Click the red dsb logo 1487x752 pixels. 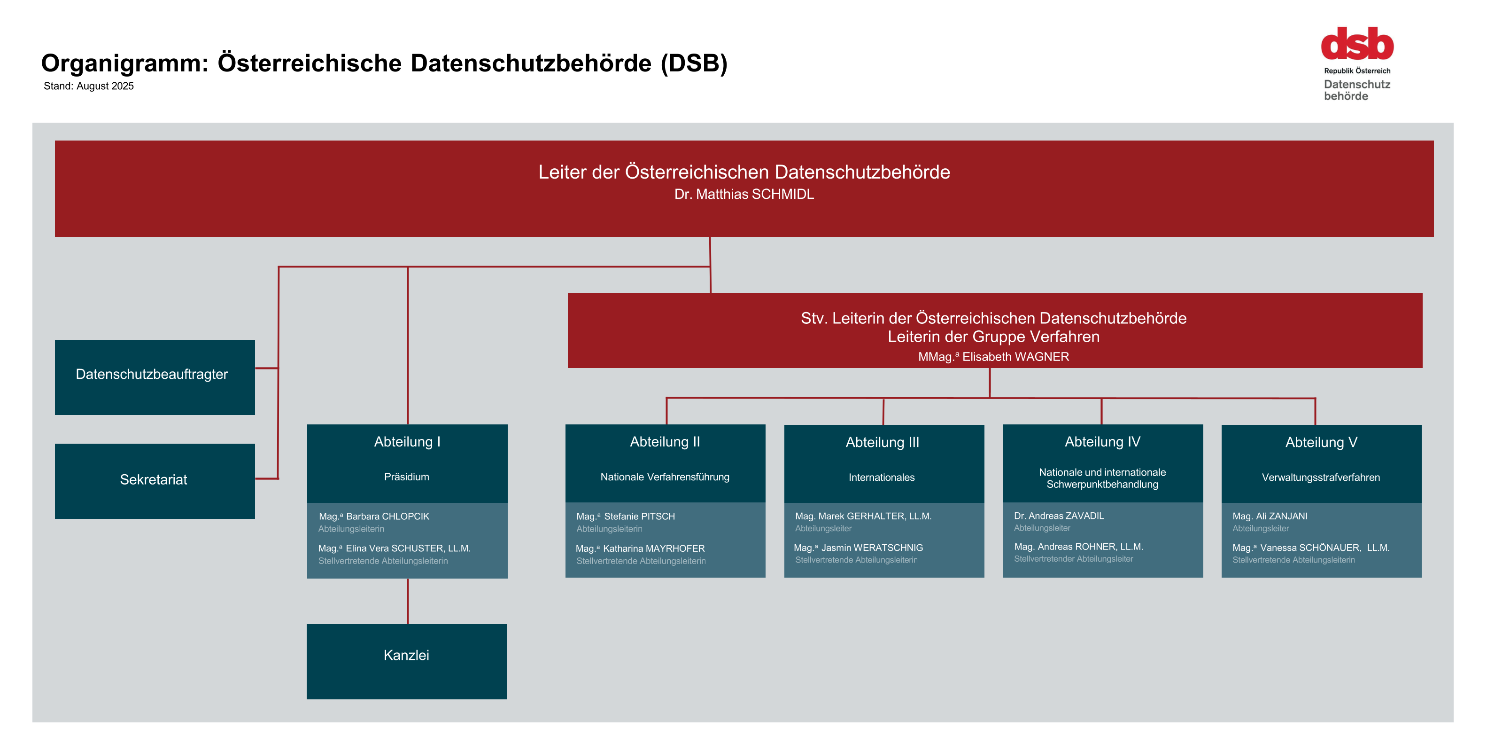pos(1357,43)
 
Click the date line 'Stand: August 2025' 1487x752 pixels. pos(89,86)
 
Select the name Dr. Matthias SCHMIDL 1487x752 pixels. pos(744,194)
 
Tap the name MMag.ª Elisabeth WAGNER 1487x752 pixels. pos(993,356)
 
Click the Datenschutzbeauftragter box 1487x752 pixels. pos(155,377)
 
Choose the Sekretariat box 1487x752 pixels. pos(155,481)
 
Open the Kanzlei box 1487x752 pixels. pos(407,661)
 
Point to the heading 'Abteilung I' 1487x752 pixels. pos(407,442)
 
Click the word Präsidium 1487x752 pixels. pos(407,477)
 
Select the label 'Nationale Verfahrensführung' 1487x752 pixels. pos(665,477)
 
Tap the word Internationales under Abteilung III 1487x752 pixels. pos(882,478)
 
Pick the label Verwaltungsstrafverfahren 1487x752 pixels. pos(1321,478)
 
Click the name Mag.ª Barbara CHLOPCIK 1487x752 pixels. pos(374,517)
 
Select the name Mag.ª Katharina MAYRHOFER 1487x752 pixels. pos(640,548)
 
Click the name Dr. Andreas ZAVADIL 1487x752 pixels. pos(1059,516)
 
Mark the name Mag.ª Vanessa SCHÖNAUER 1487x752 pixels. pos(1296,548)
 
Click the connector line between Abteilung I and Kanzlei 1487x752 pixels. pos(408,601)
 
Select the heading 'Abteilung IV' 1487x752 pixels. pos(1102,442)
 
